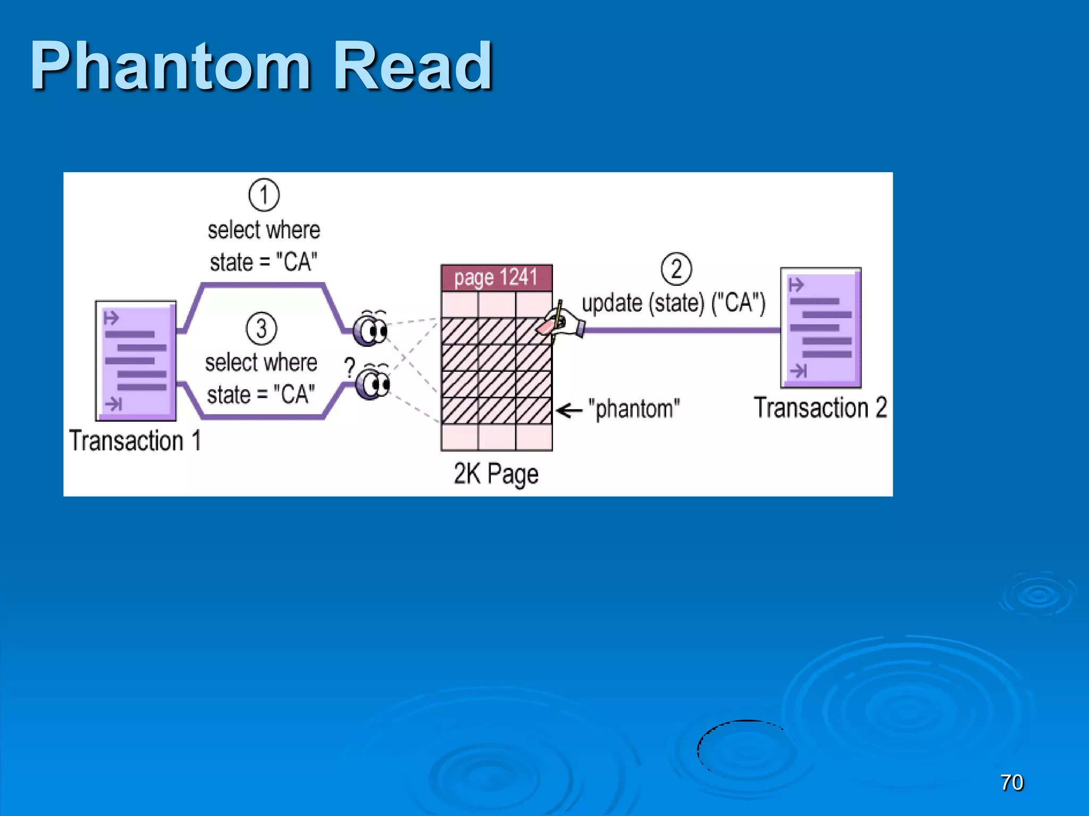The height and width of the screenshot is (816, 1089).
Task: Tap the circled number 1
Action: [264, 195]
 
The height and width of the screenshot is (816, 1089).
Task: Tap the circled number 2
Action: [676, 269]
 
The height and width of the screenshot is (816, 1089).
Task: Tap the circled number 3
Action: [261, 329]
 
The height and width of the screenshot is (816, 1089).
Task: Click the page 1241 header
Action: [496, 277]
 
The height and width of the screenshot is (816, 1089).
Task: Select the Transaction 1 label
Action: [135, 441]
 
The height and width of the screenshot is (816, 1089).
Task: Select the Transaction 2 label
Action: [820, 408]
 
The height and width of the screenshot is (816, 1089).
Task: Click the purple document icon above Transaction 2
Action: [820, 327]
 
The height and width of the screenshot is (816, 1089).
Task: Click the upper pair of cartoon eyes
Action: [371, 329]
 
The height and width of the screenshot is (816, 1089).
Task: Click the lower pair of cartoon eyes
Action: [373, 383]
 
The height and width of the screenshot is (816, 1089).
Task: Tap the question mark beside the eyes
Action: [349, 367]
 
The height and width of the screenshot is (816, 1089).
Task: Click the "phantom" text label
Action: [633, 409]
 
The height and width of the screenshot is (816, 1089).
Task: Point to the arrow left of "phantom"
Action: [569, 410]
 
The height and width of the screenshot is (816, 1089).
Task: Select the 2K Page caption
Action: [496, 473]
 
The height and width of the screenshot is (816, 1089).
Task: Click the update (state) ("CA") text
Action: [673, 303]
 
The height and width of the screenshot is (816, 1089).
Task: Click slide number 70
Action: [1011, 783]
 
